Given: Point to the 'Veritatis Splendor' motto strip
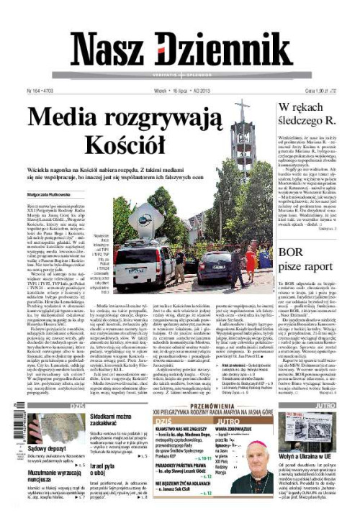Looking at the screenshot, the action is [180, 76].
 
